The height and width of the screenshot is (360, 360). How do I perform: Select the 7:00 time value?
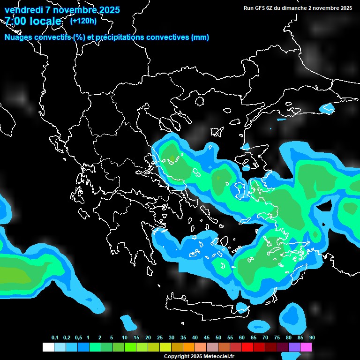click(15, 21)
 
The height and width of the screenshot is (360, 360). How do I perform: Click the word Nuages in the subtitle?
click(18, 37)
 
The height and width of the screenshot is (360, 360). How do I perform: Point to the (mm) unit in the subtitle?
click(200, 37)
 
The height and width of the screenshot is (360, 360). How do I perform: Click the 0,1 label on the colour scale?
click(55, 338)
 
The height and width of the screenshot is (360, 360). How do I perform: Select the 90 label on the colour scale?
click(312, 338)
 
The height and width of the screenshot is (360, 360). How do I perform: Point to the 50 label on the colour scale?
click(218, 338)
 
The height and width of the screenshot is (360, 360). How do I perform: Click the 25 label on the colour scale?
click(160, 338)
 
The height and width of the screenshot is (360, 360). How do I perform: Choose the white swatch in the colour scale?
click(48, 347)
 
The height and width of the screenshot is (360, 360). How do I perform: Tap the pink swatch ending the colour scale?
click(306, 347)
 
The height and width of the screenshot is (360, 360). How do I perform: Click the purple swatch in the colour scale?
click(294, 347)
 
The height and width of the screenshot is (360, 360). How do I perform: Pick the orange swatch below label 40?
click(189, 347)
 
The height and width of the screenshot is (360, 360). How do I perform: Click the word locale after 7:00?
click(46, 21)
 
